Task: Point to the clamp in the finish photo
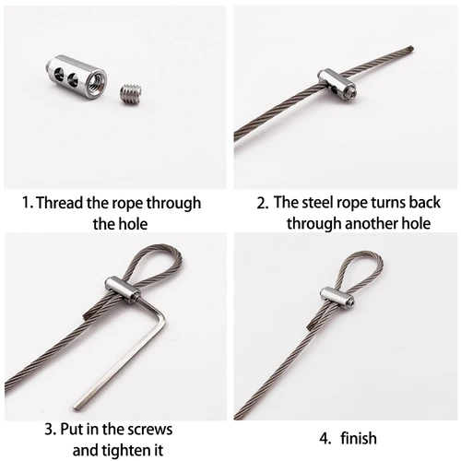pos(339,298)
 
